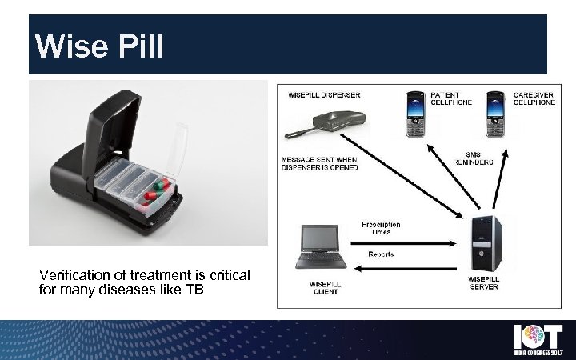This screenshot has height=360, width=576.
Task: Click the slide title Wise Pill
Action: pyautogui.click(x=101, y=46)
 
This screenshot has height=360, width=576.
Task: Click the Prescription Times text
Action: pyautogui.click(x=381, y=228)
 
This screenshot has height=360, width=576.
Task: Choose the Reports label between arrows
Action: pyautogui.click(x=381, y=254)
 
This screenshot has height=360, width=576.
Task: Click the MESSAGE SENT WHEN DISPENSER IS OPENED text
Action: pyautogui.click(x=319, y=162)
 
